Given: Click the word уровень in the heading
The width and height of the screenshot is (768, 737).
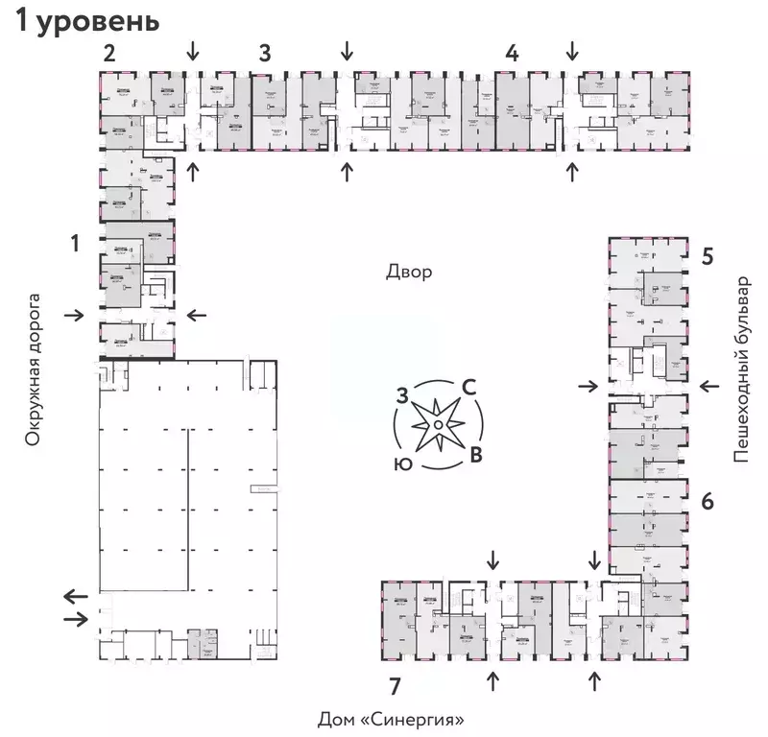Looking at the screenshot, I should click(x=104, y=21).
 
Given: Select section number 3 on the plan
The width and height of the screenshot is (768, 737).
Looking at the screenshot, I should click(x=264, y=54).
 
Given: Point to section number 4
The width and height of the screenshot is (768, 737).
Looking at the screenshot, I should click(x=513, y=54).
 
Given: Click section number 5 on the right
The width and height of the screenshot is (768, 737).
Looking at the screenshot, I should click(x=707, y=256).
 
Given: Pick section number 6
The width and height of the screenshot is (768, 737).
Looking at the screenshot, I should click(x=707, y=500).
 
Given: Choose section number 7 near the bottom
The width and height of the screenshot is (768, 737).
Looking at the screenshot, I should click(x=395, y=684).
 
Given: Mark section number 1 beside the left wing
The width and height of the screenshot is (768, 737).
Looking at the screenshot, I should click(x=75, y=244).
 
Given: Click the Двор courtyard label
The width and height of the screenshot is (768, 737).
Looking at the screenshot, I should click(x=409, y=272).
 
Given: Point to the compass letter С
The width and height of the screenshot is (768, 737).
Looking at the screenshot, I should click(x=470, y=387).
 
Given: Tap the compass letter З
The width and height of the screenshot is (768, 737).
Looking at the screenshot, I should click(x=403, y=393).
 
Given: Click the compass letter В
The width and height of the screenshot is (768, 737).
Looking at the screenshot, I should click(x=474, y=453).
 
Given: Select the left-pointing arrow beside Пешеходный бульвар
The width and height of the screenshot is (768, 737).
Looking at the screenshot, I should click(x=709, y=386).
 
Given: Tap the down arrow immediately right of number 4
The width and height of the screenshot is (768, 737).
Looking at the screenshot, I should click(x=572, y=49).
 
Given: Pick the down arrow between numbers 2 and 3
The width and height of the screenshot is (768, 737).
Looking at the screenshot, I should click(x=194, y=49).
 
